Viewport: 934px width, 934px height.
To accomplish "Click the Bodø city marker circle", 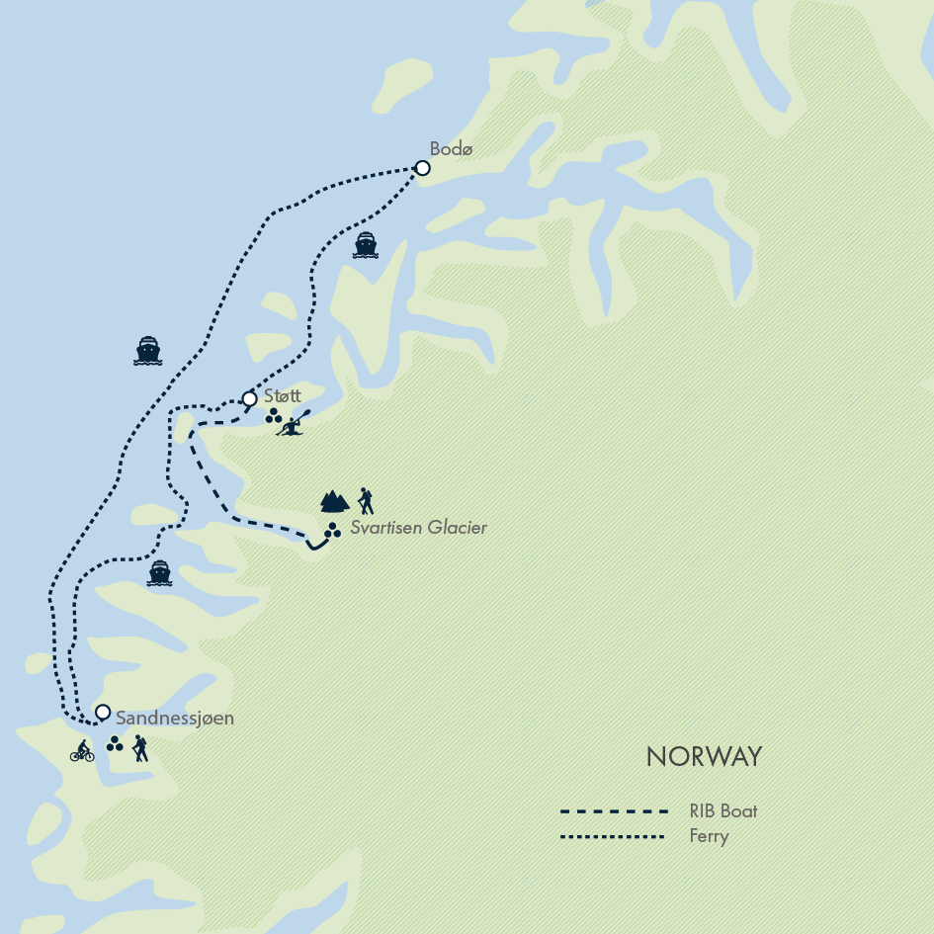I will click(422, 168).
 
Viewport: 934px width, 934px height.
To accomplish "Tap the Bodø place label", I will click(452, 148).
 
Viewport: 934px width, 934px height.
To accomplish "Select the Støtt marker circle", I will click(249, 399).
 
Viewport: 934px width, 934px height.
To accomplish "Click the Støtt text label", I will click(282, 395).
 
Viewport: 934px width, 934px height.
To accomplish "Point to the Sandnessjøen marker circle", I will click(102, 712).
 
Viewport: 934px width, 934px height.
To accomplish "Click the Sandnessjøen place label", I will click(175, 719).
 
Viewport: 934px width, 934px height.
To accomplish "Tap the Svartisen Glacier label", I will click(419, 528).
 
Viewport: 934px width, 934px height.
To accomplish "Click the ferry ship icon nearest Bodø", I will click(366, 245).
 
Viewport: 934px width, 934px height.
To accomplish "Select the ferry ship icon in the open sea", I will click(148, 351).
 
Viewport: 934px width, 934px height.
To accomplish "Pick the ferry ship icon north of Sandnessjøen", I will click(159, 573).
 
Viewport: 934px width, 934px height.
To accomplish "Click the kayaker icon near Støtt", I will click(294, 423).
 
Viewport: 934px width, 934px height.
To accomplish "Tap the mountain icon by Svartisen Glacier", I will click(334, 501).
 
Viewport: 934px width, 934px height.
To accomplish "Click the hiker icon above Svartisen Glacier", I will click(366, 501).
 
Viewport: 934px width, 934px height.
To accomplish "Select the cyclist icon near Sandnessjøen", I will click(82, 752).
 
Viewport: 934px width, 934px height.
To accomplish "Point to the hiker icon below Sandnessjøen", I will click(140, 748).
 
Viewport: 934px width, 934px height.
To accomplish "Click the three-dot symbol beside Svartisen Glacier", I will click(332, 531).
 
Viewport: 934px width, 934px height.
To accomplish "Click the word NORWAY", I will click(704, 757).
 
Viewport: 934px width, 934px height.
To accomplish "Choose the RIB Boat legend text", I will click(723, 811).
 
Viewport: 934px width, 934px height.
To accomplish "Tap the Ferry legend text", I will click(709, 836).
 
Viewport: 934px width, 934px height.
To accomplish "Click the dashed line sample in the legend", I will click(615, 811).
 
